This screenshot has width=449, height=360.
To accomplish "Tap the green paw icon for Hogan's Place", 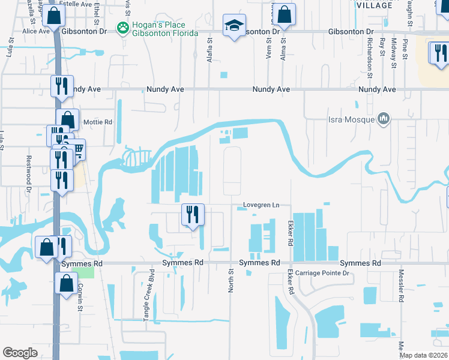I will click(123, 27).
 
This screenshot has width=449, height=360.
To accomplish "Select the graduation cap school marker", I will click(234, 26).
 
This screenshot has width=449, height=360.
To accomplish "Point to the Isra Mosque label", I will click(352, 119).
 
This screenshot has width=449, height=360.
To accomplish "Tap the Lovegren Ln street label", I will click(262, 205).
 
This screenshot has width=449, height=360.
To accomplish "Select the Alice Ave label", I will click(34, 31).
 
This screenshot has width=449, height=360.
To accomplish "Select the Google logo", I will click(20, 353).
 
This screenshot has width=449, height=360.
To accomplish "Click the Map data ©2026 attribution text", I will click(424, 355).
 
